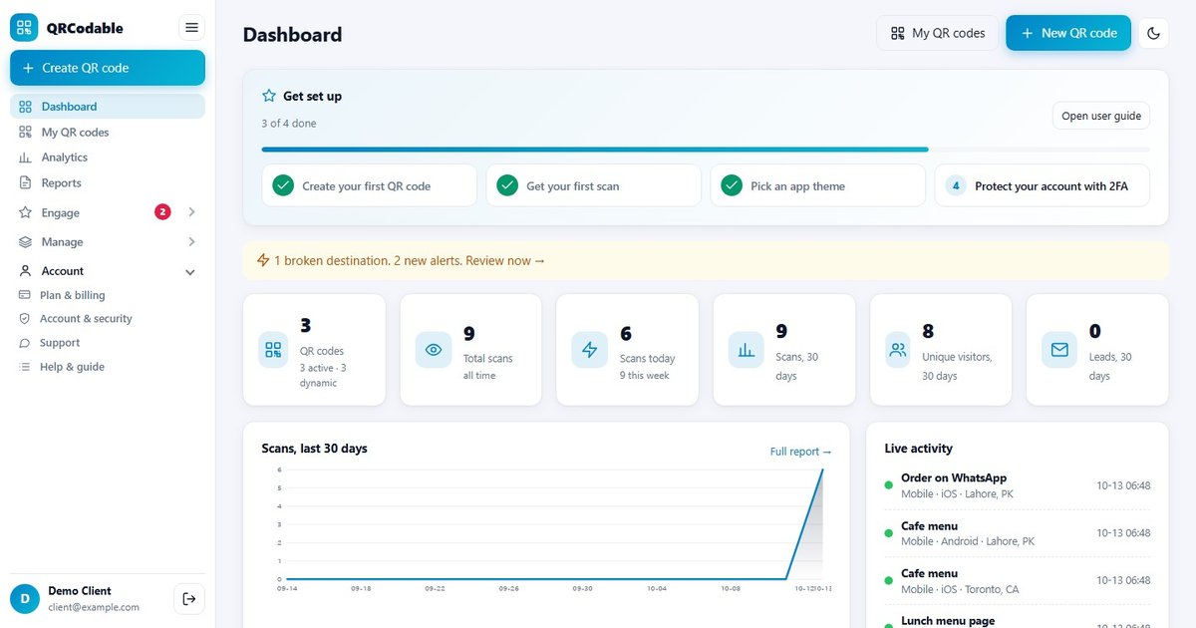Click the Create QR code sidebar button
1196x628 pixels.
point(108,68)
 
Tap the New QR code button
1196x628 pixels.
point(1068,33)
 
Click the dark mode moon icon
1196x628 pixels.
point(1153,33)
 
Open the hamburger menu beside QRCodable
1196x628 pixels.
point(191,28)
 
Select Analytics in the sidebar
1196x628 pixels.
point(64,157)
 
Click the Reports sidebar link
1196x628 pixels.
point(61,183)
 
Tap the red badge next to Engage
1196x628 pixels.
point(162,212)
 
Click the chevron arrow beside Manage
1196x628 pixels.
point(191,242)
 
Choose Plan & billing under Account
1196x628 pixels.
point(72,295)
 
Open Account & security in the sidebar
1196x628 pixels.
point(86,319)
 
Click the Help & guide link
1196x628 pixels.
point(72,367)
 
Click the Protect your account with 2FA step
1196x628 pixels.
point(1043,185)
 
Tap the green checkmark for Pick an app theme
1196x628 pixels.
point(732,185)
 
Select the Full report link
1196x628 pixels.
point(800,452)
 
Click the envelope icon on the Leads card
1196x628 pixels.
point(1059,350)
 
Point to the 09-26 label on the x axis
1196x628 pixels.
point(508,588)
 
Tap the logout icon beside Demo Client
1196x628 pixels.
point(189,599)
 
